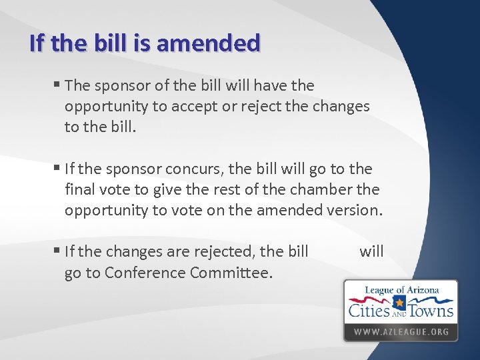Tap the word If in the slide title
(x=38, y=43)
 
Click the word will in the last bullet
(x=371, y=251)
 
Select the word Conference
(x=145, y=272)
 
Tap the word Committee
(x=232, y=272)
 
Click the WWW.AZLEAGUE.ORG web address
(x=401, y=331)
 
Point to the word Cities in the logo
(x=370, y=309)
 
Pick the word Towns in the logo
(x=431, y=309)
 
